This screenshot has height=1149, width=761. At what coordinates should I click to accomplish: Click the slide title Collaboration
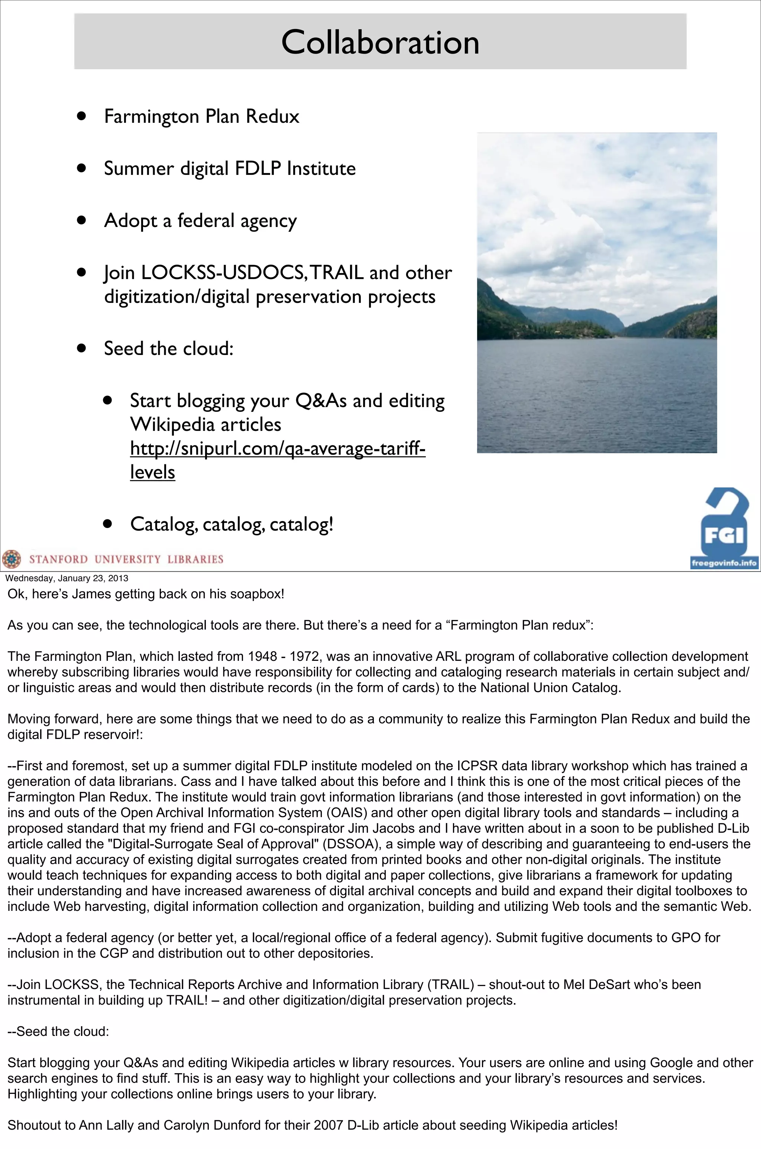coord(380,42)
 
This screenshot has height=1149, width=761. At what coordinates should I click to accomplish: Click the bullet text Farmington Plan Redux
coord(201,116)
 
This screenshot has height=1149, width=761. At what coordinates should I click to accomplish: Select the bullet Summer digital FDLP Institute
coord(230,169)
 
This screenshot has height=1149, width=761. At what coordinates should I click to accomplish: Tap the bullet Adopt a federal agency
coord(200,221)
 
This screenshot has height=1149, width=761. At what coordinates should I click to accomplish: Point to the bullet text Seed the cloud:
coord(168,349)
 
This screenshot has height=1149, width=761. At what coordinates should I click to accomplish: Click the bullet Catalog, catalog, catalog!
coord(231,524)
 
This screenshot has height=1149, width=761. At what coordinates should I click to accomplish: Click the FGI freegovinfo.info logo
coord(723,529)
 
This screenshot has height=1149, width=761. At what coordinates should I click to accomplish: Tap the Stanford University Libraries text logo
coord(126,559)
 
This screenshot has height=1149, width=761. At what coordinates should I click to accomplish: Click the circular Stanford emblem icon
coord(12,559)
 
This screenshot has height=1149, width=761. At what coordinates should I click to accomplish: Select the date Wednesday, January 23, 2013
coord(67,578)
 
